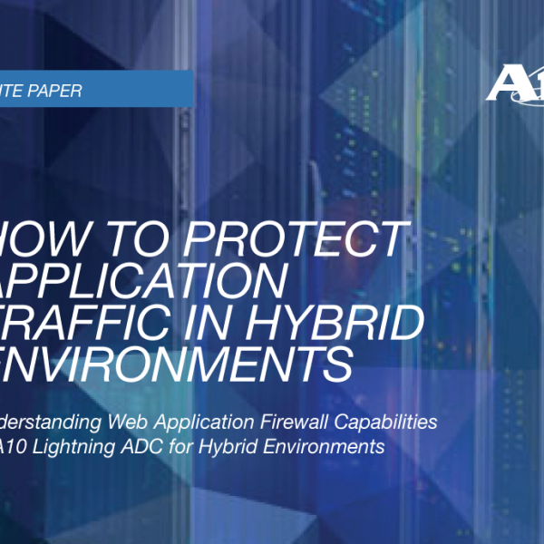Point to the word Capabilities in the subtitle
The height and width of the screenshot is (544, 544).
pos(391,422)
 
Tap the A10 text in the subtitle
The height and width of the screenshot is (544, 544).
pos(26,447)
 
